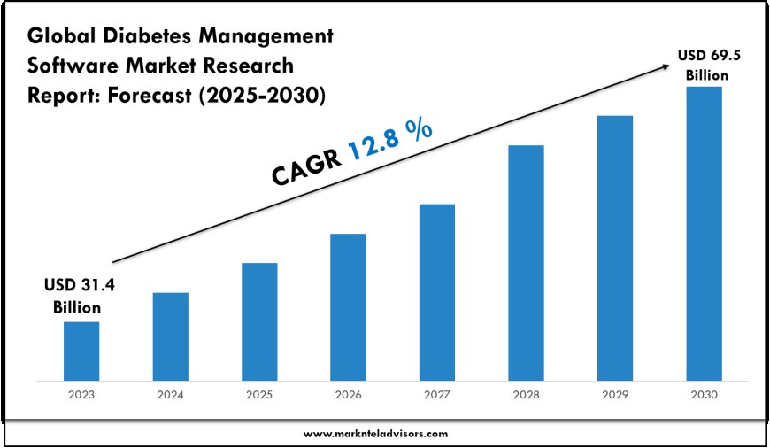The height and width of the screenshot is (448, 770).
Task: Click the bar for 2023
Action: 81,349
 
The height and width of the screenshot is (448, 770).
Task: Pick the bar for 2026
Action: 348,305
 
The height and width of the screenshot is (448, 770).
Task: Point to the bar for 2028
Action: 526,261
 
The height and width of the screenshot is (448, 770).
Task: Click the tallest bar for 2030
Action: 704,232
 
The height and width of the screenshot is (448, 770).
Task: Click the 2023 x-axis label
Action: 81,394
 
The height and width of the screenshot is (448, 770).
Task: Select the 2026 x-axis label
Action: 348,394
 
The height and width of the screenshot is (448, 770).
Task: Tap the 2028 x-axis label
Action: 526,394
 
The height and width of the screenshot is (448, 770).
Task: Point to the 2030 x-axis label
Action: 704,394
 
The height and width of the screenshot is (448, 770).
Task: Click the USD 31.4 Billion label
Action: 81,296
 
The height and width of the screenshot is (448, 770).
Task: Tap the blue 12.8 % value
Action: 390,141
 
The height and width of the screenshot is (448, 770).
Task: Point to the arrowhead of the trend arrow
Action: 666,65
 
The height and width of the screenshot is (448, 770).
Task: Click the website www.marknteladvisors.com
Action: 376,433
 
